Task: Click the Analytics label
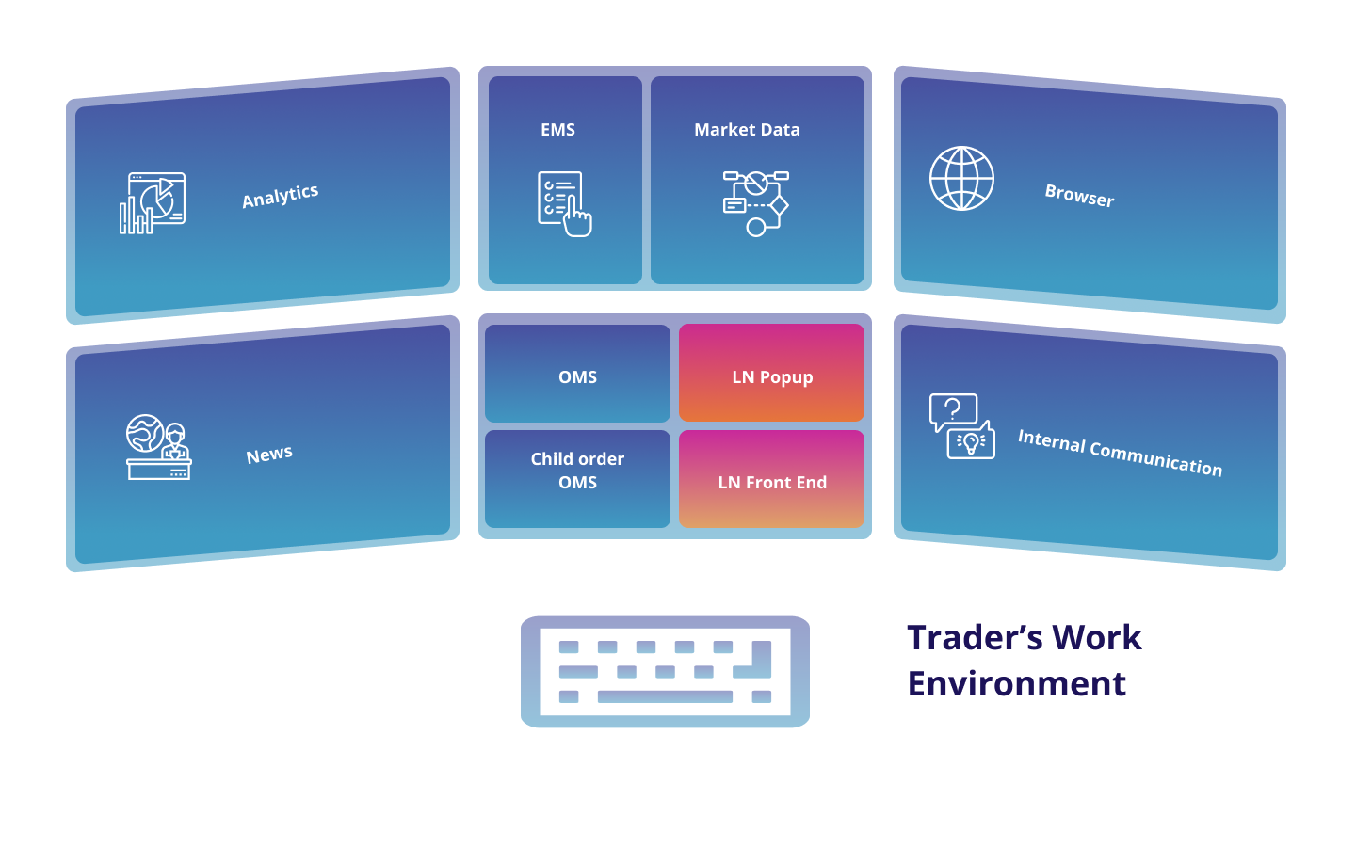pos(280,196)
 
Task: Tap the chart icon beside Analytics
pos(153,202)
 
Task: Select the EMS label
pos(557,130)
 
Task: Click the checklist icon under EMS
pos(564,203)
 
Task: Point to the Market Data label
pos(747,130)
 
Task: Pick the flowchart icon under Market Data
pos(755,202)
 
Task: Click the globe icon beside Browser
pos(961,178)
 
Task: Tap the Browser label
pos(1079,196)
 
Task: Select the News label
pos(269,455)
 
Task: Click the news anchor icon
pos(158,447)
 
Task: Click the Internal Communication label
pos(1120,453)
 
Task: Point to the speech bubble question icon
pos(954,411)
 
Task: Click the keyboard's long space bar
pos(665,696)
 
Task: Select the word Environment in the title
pos(1016,684)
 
